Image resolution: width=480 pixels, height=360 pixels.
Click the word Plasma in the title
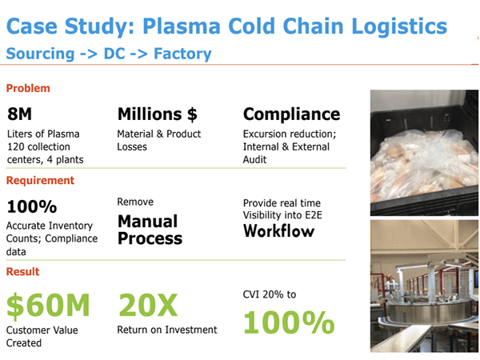pos(182,26)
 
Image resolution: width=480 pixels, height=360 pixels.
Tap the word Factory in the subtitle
pos(182,54)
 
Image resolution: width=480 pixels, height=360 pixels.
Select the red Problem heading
pos(28,88)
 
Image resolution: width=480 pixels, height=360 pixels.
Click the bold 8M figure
pos(19,114)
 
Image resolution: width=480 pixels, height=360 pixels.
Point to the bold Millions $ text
pos(158,114)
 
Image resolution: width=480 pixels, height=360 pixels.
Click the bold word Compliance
pos(291,114)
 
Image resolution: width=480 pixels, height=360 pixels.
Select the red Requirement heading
pos(40,181)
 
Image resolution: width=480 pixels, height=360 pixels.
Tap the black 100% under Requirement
pos(32,206)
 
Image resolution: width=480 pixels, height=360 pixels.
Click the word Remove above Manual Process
pos(135,202)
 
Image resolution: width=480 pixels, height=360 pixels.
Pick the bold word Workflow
pos(279,231)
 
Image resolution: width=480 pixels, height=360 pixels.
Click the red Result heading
pos(22,271)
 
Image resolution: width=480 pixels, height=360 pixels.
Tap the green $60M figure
pos(48,305)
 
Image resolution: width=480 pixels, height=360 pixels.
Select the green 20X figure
pos(148,305)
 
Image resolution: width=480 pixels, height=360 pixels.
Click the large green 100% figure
pos(289,322)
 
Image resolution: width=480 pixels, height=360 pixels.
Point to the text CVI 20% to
pos(270,294)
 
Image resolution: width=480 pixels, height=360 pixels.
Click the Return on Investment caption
pos(167,330)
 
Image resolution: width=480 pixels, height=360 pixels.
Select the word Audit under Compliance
pos(254,160)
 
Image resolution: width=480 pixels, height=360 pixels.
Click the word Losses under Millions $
pos(132,147)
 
